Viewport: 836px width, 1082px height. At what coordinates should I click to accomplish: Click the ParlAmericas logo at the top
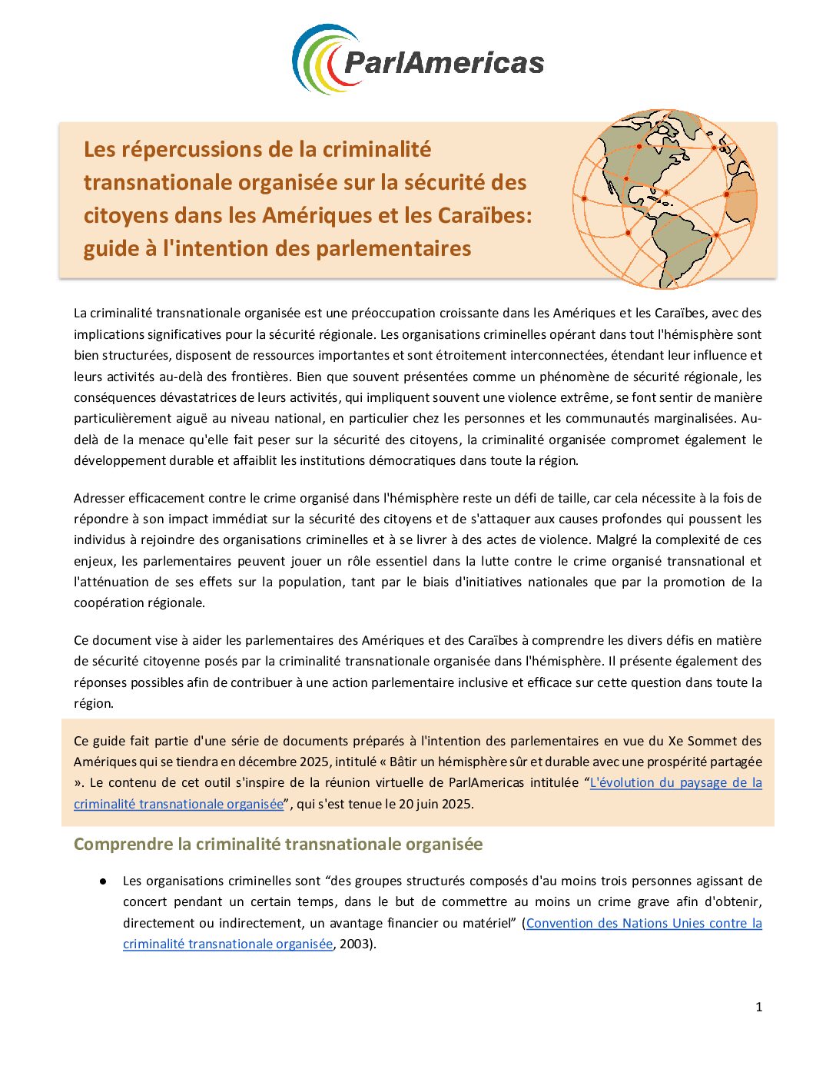pyautogui.click(x=418, y=60)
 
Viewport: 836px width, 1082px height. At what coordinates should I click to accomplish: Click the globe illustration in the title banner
pyautogui.click(x=665, y=198)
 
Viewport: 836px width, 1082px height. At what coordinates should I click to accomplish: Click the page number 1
pyautogui.click(x=758, y=1007)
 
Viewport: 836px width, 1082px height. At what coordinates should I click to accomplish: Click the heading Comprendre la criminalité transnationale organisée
pyautogui.click(x=278, y=844)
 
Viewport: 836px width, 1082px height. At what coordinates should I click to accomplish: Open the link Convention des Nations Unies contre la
pyautogui.click(x=644, y=923)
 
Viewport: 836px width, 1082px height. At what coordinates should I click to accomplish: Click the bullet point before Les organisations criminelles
pyautogui.click(x=102, y=881)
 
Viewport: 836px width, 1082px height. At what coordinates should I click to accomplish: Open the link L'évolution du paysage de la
pyautogui.click(x=675, y=782)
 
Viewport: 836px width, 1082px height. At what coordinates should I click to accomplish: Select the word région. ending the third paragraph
pyautogui.click(x=94, y=703)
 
